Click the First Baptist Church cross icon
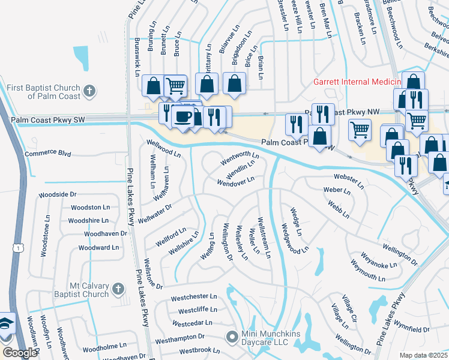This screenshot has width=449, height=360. pyautogui.click(x=89, y=91)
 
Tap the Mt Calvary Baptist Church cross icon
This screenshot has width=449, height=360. pyautogui.click(x=118, y=289)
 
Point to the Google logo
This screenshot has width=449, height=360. pyautogui.click(x=20, y=353)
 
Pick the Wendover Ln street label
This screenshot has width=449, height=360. pyautogui.click(x=237, y=181)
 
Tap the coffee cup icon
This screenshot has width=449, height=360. pyautogui.click(x=182, y=116)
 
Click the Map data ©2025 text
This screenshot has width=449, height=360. pyautogui.click(x=423, y=355)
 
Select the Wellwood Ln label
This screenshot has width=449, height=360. pyautogui.click(x=164, y=148)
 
